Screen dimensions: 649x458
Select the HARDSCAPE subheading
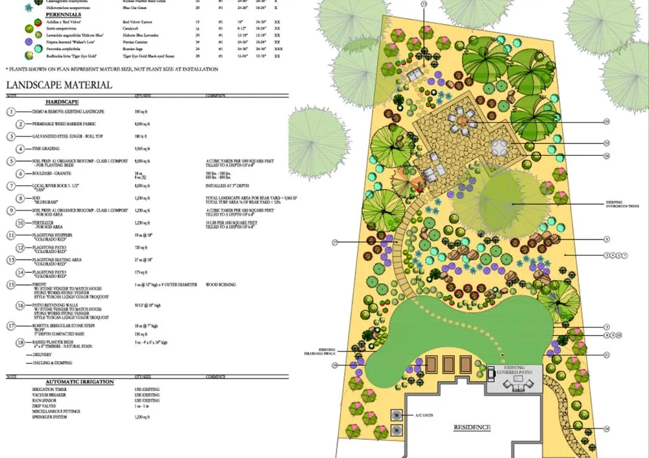pyautogui.click(x=62, y=103)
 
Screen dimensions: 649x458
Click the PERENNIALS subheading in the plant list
pyautogui.click(x=64, y=14)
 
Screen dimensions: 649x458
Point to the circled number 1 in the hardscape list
pyautogui.click(x=11, y=112)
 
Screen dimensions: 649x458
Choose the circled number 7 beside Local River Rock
pyautogui.click(x=11, y=186)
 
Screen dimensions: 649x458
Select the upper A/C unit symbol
pyautogui.click(x=395, y=414)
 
